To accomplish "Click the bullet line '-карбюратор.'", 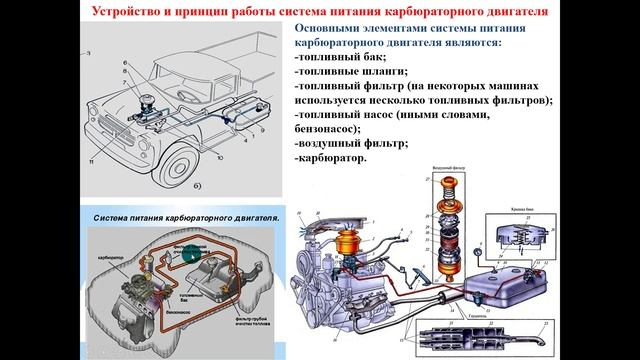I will tap(331, 158).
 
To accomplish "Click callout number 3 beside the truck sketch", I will tap(90, 51).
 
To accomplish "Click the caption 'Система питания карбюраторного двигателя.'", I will tap(186, 216).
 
